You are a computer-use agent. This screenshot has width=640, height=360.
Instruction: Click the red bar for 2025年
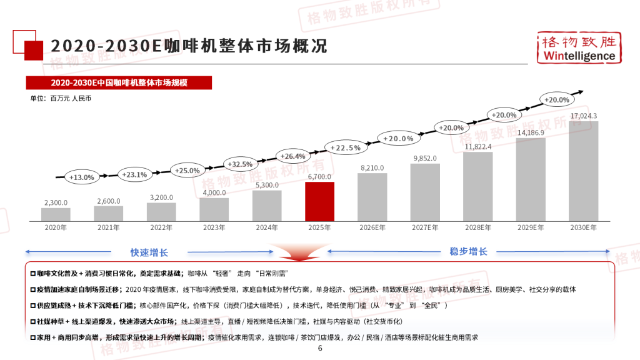coord(319,201)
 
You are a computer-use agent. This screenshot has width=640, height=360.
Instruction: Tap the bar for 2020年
coord(56,214)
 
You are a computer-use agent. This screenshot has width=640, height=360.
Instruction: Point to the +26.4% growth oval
coord(292,156)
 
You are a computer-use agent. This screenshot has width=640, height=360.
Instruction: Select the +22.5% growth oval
coord(345,147)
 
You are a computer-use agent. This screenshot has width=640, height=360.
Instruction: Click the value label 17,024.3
coord(584,116)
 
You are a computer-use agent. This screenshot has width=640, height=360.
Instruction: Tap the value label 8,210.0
coord(372,167)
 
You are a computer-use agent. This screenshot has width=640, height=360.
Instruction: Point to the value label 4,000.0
coord(214,192)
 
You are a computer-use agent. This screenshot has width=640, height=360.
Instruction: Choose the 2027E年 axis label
coord(425,227)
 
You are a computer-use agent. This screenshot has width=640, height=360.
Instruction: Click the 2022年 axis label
coord(161,227)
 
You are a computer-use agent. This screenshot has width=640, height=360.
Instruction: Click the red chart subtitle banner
coord(119,82)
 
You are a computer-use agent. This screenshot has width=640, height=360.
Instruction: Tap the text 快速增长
coord(149,252)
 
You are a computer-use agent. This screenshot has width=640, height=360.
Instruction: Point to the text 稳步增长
coord(468,251)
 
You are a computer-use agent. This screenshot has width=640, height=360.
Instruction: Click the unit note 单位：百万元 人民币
coord(61,98)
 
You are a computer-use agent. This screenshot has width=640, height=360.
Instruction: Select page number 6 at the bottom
coord(320,349)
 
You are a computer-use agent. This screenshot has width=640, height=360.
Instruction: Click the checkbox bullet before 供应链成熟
coord(32,306)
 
